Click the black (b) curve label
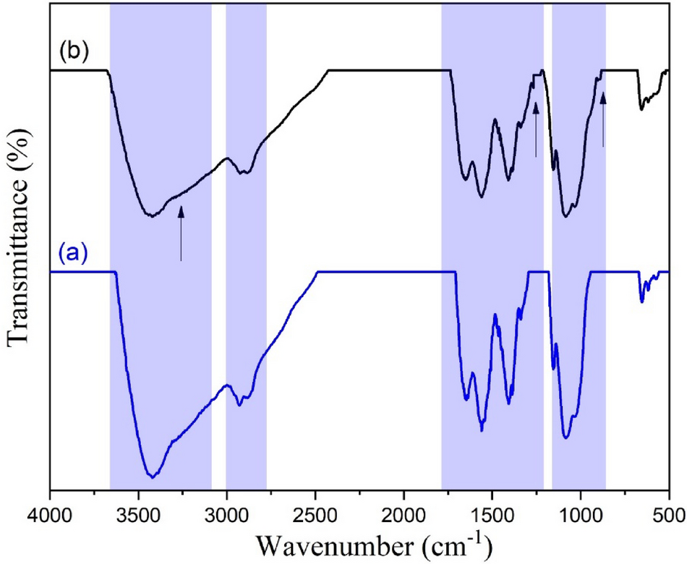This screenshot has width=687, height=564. coord(73,52)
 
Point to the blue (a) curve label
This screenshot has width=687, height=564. coord(73,253)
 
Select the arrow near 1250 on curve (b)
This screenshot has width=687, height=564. coord(536,130)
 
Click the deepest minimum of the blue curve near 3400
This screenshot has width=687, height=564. coord(153,477)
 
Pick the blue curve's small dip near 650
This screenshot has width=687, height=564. coord(641,300)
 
